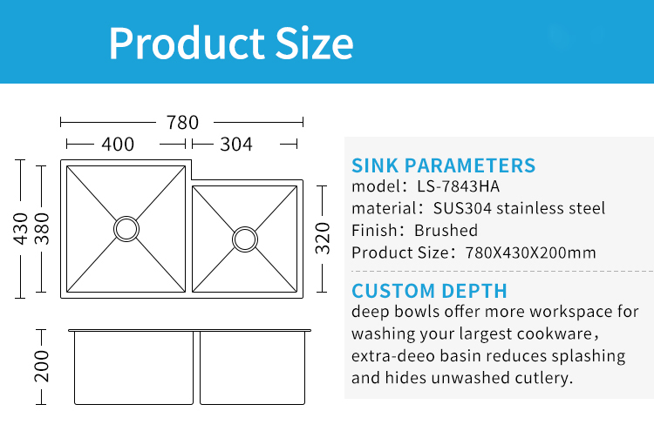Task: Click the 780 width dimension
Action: point(182,123)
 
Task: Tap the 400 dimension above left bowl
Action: point(118,145)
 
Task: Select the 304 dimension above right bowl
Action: point(236,145)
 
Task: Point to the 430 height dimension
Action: point(20,228)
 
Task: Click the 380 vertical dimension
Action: point(42,228)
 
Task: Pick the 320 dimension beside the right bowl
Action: point(323,239)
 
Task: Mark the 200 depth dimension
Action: point(42,367)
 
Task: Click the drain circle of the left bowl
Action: point(126,217)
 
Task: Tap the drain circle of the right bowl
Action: point(245,227)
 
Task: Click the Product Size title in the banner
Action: point(231,43)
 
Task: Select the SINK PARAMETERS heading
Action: point(443,165)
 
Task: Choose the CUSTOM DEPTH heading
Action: point(429,291)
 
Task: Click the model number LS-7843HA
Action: point(458,186)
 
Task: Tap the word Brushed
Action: point(446,230)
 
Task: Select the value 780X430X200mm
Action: point(530,253)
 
